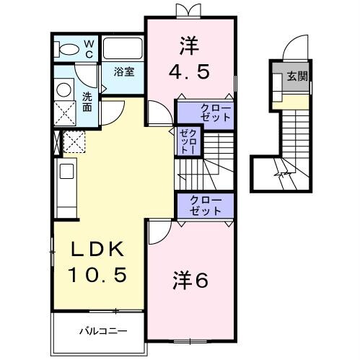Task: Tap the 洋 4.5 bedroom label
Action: tap(190, 61)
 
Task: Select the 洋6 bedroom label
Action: tap(190, 280)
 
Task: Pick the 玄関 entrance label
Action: tap(296, 76)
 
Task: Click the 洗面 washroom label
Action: tap(86, 101)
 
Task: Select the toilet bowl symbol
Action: tap(69, 49)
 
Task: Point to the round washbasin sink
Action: tap(63, 89)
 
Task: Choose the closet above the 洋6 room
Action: tap(206, 205)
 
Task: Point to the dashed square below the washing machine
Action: tap(74, 141)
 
